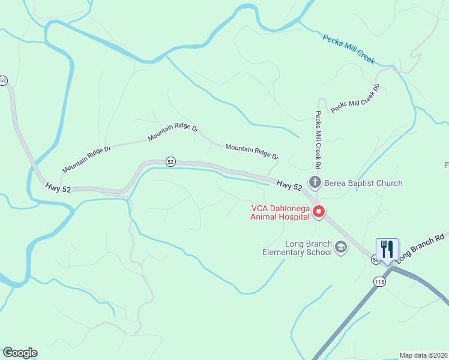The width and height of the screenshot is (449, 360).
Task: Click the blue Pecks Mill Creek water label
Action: (x=348, y=49)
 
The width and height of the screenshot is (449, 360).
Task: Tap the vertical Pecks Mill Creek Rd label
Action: (x=319, y=139)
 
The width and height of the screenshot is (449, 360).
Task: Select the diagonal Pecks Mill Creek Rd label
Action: (x=356, y=98)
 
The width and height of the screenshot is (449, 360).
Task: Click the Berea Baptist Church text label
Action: (x=363, y=183)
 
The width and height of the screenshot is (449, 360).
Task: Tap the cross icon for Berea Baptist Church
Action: (x=314, y=182)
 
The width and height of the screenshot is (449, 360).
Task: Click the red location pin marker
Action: (x=319, y=212)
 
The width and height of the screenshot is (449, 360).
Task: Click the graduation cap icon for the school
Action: (x=341, y=247)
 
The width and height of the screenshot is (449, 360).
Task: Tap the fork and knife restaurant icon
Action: (x=387, y=248)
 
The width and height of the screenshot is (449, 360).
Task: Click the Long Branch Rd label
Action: (x=422, y=245)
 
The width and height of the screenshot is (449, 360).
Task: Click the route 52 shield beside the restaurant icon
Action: (x=375, y=260)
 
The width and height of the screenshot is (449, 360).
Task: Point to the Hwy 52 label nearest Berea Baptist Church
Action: (x=289, y=186)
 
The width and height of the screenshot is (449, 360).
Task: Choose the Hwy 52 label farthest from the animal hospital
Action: (x=58, y=188)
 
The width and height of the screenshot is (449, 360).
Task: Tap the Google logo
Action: (x=20, y=353)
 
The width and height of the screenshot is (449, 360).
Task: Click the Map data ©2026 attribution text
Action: (x=424, y=355)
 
